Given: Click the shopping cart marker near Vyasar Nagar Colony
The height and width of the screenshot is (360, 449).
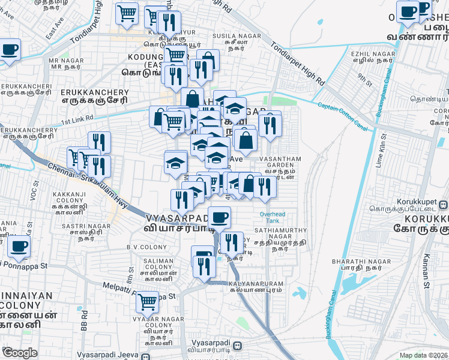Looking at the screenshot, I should point(147,302).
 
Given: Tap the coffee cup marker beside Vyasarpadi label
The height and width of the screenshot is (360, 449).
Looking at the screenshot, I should point(220,217).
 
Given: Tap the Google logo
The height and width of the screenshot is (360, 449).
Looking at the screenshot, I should point(20,353).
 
